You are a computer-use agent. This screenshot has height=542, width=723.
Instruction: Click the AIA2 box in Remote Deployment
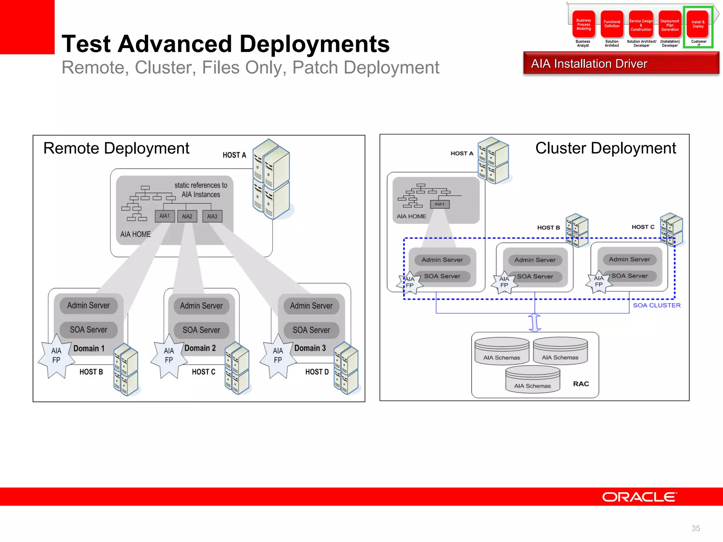[187, 216]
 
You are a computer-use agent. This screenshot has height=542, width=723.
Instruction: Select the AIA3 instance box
[212, 216]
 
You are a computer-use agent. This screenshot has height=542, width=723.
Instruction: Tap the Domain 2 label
[200, 348]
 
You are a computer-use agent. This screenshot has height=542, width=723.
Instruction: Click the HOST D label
[317, 372]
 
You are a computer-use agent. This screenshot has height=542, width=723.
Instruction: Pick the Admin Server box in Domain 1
[88, 306]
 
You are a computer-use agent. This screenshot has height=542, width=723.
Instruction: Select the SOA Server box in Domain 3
[311, 330]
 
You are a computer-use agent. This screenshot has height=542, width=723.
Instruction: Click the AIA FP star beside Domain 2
[169, 356]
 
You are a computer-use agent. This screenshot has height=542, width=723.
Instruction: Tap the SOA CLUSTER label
[657, 305]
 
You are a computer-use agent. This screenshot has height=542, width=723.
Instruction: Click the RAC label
[581, 384]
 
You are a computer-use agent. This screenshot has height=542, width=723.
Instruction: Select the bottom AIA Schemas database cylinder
[532, 380]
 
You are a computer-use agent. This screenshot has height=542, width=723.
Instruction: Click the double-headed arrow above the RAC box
[534, 323]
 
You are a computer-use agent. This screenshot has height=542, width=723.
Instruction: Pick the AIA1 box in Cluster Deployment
[440, 204]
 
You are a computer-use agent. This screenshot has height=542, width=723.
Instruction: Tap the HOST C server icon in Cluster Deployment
[671, 229]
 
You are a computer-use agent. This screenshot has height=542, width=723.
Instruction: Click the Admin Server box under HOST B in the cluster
[535, 260]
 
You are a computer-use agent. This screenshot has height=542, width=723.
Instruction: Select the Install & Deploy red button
[698, 24]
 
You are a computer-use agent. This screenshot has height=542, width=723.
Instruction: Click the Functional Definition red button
[612, 24]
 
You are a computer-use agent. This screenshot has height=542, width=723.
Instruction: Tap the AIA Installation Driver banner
[621, 64]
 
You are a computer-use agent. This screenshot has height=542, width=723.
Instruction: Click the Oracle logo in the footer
[639, 497]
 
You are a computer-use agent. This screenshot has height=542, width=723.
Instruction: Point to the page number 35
[695, 528]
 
